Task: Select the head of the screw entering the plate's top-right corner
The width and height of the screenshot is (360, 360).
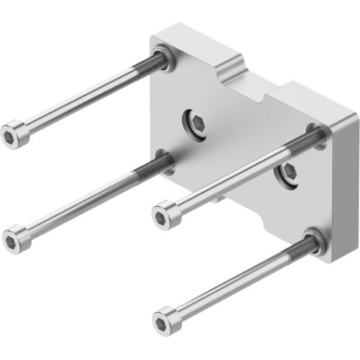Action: pos(165,214)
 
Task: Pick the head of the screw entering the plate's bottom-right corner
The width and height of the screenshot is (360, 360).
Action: pos(166,318)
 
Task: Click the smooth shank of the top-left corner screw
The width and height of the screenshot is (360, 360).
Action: pos(79,101)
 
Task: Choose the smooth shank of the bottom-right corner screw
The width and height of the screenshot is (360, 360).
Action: pos(230,283)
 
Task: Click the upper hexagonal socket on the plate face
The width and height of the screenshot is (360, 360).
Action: pos(198,124)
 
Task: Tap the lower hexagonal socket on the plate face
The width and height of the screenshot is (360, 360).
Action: pos(288,172)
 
